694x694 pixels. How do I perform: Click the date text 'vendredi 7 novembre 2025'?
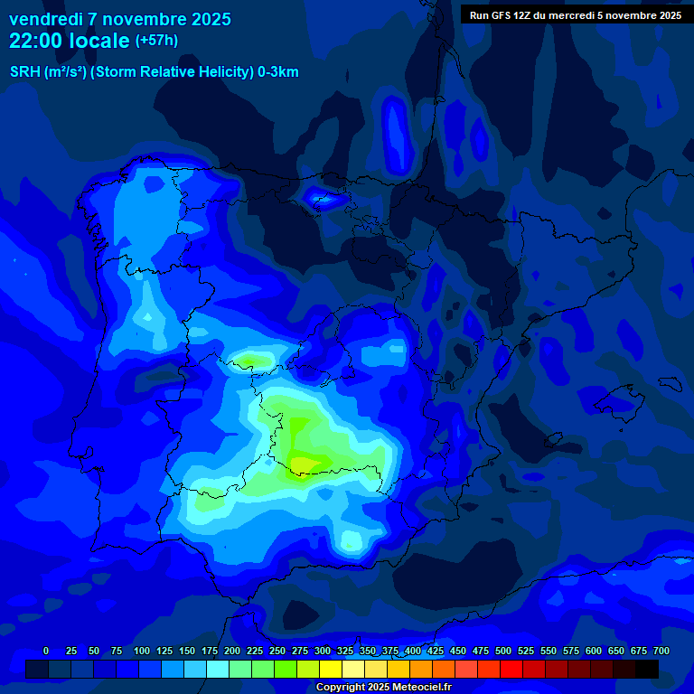pos(119,19)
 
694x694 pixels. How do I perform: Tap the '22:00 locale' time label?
pos(70,41)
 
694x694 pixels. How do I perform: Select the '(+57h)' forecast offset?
pos(156,41)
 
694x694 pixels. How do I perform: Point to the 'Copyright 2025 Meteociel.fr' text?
pos(383,688)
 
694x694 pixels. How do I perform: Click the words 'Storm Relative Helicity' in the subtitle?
pos(182,72)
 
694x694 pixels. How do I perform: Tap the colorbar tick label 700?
pos(661,651)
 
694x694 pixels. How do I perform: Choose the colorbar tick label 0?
pos(46,651)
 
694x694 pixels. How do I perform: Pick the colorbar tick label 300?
pos(323,651)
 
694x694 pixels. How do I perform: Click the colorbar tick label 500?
pos(503,651)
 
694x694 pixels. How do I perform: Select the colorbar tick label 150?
pos(187,651)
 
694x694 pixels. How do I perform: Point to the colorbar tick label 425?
pos(436,651)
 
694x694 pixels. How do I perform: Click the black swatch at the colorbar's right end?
pos(647,669)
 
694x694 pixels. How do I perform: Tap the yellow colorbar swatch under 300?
pos(331,669)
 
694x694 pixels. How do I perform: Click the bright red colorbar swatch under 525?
pos(511,669)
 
